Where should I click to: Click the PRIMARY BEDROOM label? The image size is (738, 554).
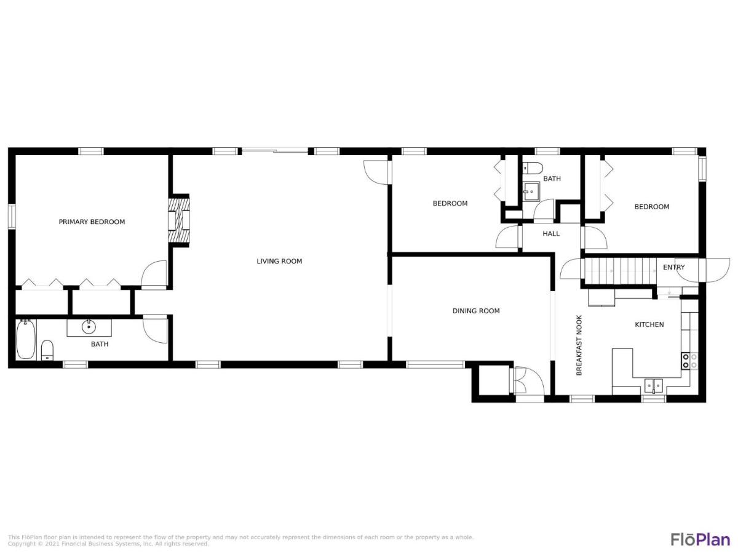(x=92, y=222)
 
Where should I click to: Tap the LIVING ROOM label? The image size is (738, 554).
(x=279, y=262)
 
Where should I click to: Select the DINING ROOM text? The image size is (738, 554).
(x=476, y=311)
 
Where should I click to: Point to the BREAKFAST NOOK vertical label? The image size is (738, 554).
(x=579, y=345)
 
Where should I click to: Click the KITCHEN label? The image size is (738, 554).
(x=649, y=324)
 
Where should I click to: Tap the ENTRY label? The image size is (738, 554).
(x=674, y=267)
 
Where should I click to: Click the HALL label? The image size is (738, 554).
(x=552, y=234)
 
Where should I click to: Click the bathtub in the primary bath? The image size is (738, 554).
(x=26, y=339)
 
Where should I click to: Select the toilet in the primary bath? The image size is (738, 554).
(x=47, y=350)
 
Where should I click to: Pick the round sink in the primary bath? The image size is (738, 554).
(x=89, y=327)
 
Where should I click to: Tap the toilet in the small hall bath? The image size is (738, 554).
(x=533, y=167)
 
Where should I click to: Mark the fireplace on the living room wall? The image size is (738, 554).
(x=179, y=220)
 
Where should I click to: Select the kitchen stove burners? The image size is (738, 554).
(x=689, y=361)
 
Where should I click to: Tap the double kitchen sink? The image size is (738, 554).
(x=653, y=386)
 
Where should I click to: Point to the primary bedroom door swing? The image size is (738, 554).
(x=154, y=275)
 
